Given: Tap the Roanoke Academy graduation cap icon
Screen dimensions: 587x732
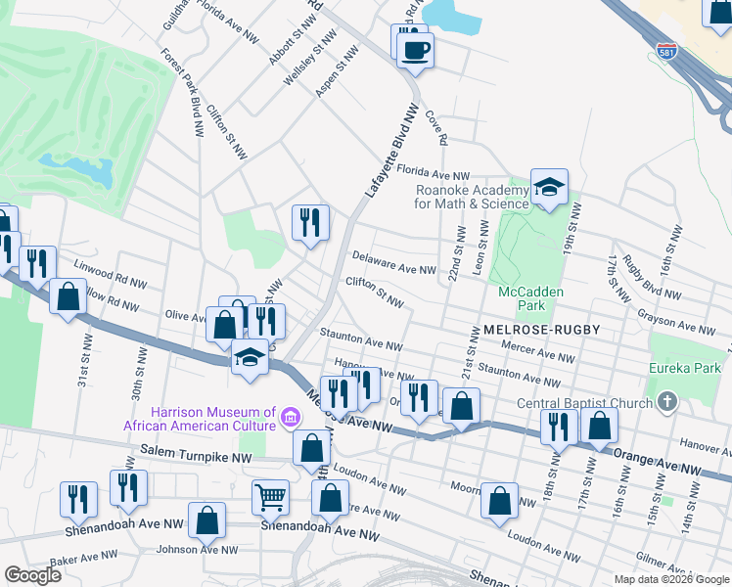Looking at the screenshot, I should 550,187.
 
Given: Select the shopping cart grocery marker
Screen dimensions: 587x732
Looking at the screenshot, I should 270,496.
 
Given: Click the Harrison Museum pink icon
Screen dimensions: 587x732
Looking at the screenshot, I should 290,418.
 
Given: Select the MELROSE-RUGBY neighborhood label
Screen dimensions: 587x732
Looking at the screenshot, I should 540,331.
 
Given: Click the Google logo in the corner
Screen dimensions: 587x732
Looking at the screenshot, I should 31,575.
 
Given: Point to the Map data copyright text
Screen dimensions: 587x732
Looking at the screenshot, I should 671,579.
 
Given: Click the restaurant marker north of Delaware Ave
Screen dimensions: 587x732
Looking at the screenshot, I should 310,221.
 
